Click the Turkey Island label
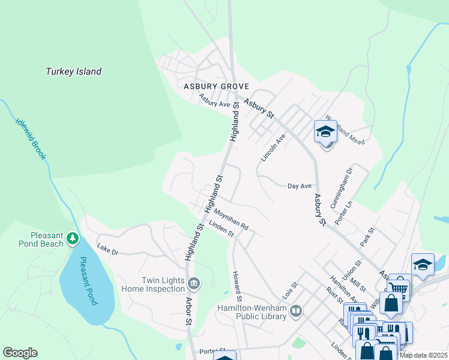click(x=74, y=72)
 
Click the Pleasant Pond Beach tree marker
click(x=73, y=239)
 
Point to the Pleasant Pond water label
click(x=88, y=281)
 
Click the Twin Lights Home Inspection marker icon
click(x=194, y=283)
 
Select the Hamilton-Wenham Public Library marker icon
click(x=295, y=311)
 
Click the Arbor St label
click(x=189, y=311)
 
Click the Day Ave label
click(x=300, y=187)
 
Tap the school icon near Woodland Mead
click(x=325, y=131)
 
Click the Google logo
click(x=20, y=353)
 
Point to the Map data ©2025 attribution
click(x=423, y=355)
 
